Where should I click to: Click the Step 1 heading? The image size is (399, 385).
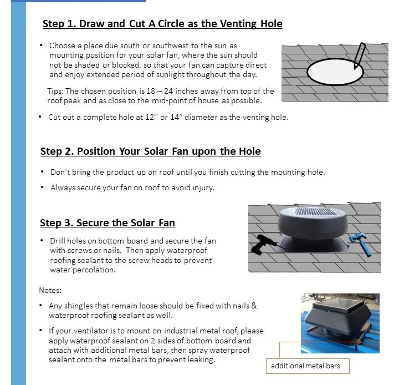tap(162, 24)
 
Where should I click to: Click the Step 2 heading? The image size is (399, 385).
tap(150, 151)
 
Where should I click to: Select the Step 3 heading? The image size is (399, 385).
tap(108, 222)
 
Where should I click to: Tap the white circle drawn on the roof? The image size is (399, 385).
tap(335, 72)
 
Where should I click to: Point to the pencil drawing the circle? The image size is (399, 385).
tap(360, 56)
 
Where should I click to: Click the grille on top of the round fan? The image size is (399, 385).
tap(313, 211)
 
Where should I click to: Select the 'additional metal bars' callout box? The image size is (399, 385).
tap(308, 366)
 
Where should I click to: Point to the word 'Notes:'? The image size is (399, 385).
tap(50, 290)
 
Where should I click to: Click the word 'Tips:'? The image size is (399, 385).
tap(55, 91)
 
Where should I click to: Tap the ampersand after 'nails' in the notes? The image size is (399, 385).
tap(254, 306)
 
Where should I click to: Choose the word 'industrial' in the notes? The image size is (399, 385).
tap(181, 331)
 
